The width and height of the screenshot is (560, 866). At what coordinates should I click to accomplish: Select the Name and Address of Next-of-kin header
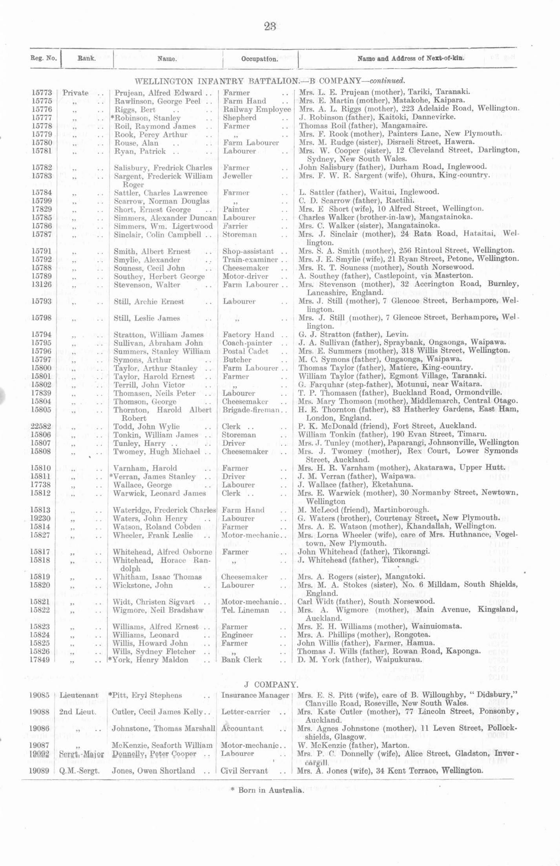point(410,59)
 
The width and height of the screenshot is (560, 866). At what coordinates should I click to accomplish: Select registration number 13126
point(41,284)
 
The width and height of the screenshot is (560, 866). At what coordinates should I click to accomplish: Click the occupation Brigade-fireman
point(250,410)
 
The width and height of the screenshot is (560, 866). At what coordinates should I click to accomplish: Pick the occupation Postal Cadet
point(245,351)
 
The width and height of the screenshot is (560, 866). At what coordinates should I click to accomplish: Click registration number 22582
point(41,427)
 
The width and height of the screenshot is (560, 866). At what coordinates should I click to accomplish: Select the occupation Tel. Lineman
point(245,610)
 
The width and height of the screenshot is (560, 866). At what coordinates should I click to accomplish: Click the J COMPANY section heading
point(270,685)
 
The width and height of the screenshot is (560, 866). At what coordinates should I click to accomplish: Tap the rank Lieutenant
point(79,695)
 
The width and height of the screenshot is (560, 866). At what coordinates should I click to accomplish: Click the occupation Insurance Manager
point(255,695)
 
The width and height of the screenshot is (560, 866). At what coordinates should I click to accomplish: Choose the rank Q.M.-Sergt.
point(79,771)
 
